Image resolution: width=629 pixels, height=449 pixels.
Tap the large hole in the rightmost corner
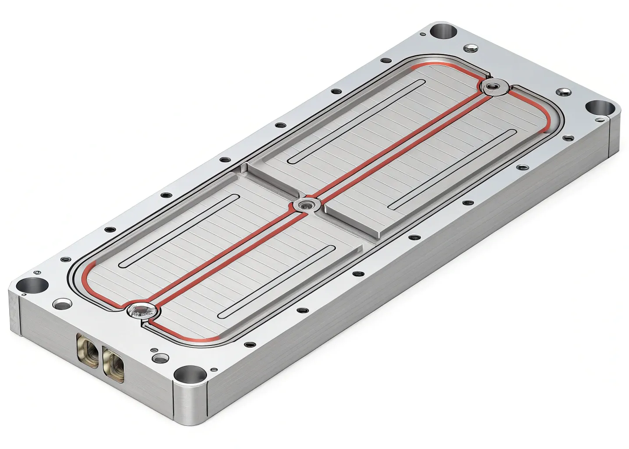coord(597,107)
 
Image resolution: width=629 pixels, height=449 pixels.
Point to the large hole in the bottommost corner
coord(190,374)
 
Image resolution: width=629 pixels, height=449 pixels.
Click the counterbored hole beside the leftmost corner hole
coord(62,303)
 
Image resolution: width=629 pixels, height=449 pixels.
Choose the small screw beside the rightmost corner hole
coord(563,93)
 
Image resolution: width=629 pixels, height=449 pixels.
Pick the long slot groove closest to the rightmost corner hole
coord(452,169)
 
